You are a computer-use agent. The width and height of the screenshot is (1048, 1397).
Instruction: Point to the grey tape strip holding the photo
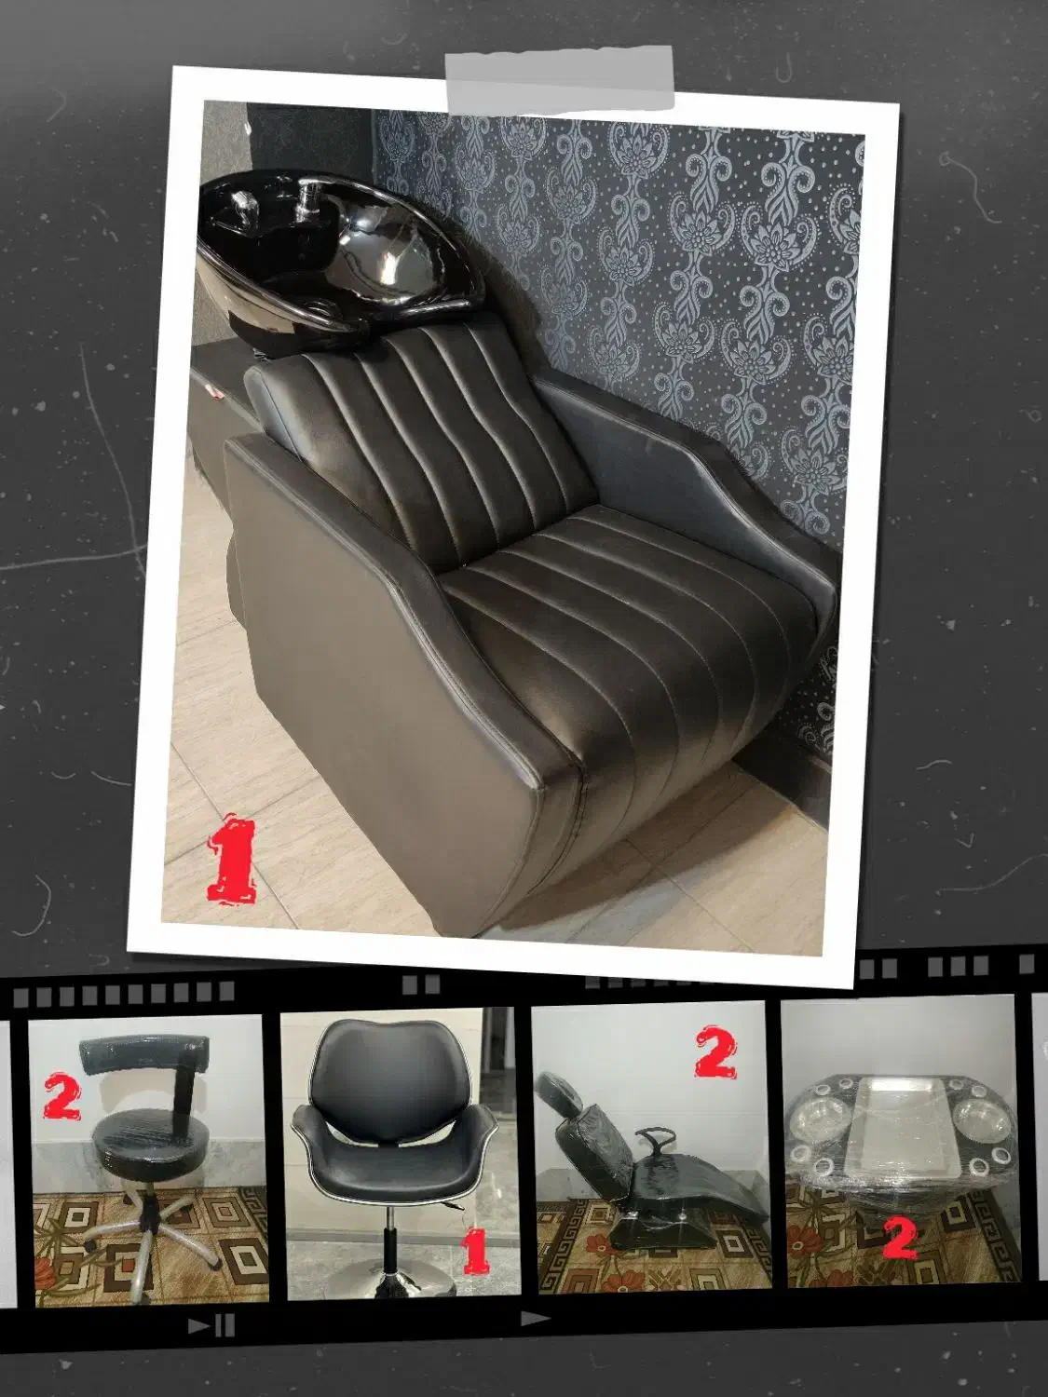tap(560, 79)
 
